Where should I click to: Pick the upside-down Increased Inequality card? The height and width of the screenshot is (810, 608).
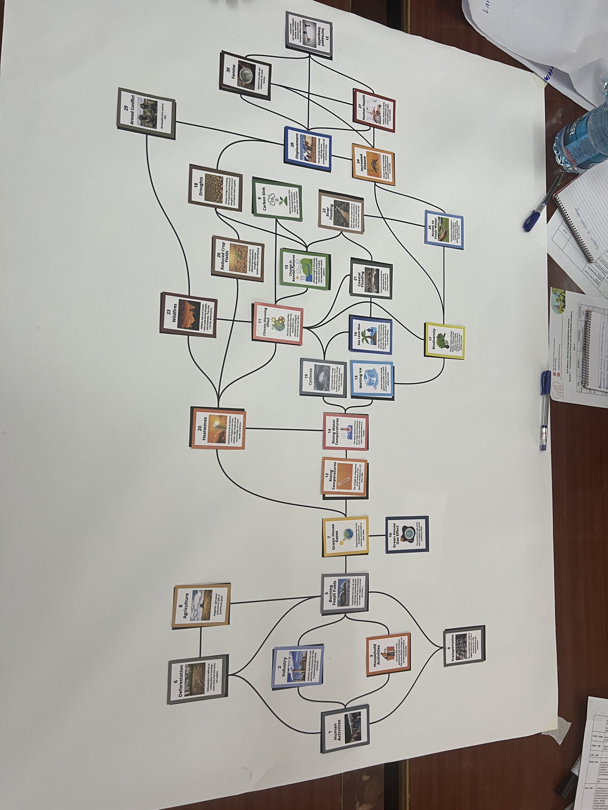308,35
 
